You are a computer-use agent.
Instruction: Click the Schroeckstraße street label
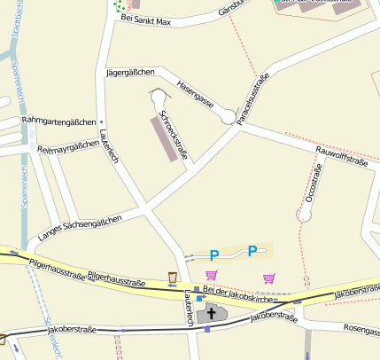coord(174,136)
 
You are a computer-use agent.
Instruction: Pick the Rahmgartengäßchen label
coord(58,121)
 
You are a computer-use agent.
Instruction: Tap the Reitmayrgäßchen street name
coord(63,147)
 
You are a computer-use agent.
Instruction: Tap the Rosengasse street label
coord(361,330)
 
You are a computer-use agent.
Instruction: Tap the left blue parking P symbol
coord(213,255)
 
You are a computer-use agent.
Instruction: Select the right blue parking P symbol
coord(252,251)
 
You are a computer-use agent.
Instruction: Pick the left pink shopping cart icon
coord(211,276)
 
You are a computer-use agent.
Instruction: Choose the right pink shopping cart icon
coord(269,278)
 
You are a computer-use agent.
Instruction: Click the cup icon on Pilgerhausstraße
coord(173,278)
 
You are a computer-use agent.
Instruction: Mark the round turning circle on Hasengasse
coord(229,117)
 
